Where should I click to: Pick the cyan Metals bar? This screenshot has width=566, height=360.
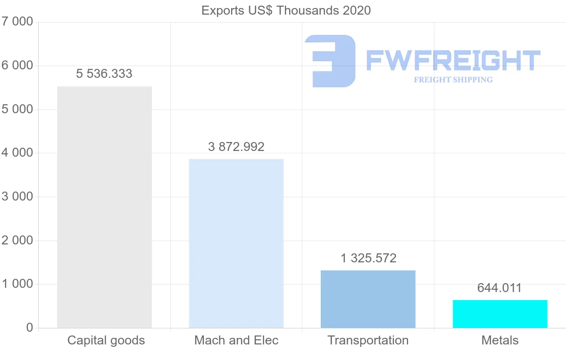(x=500, y=314)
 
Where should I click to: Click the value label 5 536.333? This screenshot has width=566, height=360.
(x=104, y=74)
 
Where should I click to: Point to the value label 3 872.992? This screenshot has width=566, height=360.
(x=236, y=147)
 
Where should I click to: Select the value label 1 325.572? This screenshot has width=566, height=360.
(x=368, y=258)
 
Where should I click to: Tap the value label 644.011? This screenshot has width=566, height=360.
(x=499, y=288)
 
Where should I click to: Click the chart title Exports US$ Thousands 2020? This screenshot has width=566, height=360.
(x=286, y=10)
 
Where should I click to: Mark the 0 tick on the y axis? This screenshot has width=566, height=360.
(x=29, y=327)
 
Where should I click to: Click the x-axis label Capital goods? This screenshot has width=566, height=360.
(x=106, y=340)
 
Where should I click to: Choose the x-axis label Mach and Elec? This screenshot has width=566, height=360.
(x=236, y=340)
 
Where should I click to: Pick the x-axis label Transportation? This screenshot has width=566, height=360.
(x=368, y=340)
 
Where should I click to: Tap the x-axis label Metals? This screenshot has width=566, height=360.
(x=500, y=340)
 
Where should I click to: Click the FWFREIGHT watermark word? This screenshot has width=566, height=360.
(x=453, y=60)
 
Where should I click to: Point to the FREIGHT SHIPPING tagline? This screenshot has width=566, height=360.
(x=453, y=80)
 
